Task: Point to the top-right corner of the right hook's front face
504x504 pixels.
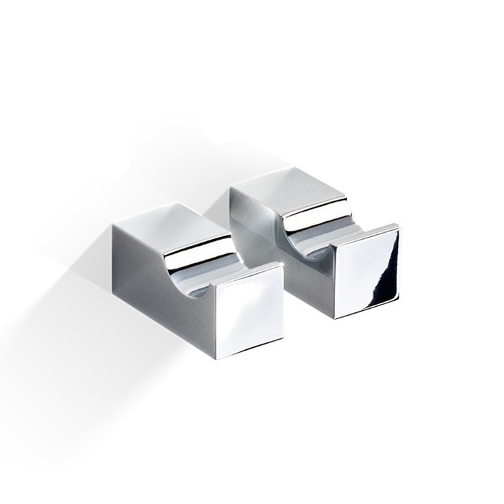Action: [399, 225]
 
